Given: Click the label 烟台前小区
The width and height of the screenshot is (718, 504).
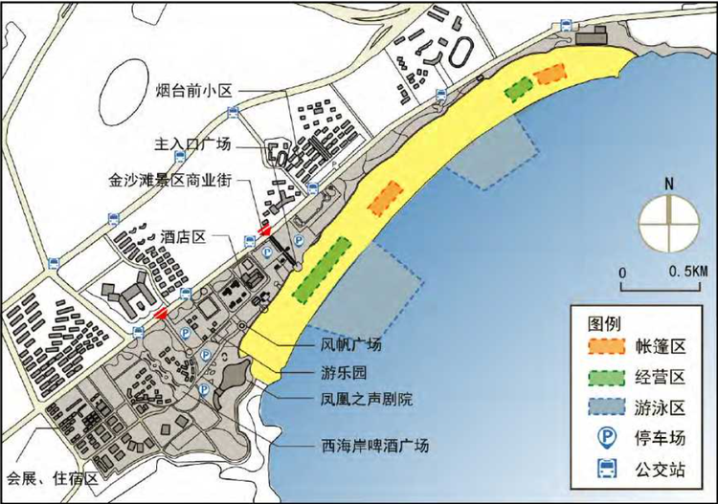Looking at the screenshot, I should click(194, 92).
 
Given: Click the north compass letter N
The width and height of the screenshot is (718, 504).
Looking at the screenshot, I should click(670, 184).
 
